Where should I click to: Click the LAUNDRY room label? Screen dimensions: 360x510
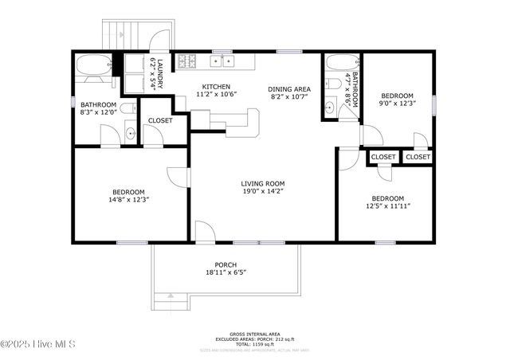click(x=159, y=72)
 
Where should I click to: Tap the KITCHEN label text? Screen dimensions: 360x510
click(x=215, y=87)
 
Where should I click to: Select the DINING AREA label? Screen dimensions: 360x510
click(x=288, y=90)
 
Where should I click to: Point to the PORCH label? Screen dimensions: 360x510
click(x=226, y=265)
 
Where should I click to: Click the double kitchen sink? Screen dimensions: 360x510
click(x=221, y=61)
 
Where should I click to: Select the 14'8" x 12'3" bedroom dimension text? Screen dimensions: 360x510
click(x=128, y=200)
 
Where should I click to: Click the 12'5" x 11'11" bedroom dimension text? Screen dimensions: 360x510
click(x=386, y=205)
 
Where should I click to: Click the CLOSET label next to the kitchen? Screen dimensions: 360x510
click(x=161, y=121)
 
